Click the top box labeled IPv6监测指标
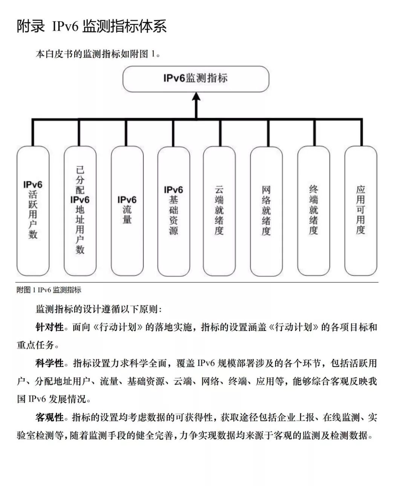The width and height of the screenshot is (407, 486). point(196,79)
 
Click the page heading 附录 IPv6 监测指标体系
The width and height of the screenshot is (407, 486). point(92,26)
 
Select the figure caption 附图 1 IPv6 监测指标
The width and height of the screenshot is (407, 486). point(49,290)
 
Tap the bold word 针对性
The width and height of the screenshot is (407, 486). point(50,327)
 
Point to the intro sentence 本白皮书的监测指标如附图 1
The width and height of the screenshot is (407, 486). point(98,54)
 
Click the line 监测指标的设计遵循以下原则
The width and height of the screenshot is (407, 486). point(99,309)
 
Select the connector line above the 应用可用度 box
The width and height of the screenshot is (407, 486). point(361,133)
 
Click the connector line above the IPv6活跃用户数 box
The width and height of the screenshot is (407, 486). point(33,133)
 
